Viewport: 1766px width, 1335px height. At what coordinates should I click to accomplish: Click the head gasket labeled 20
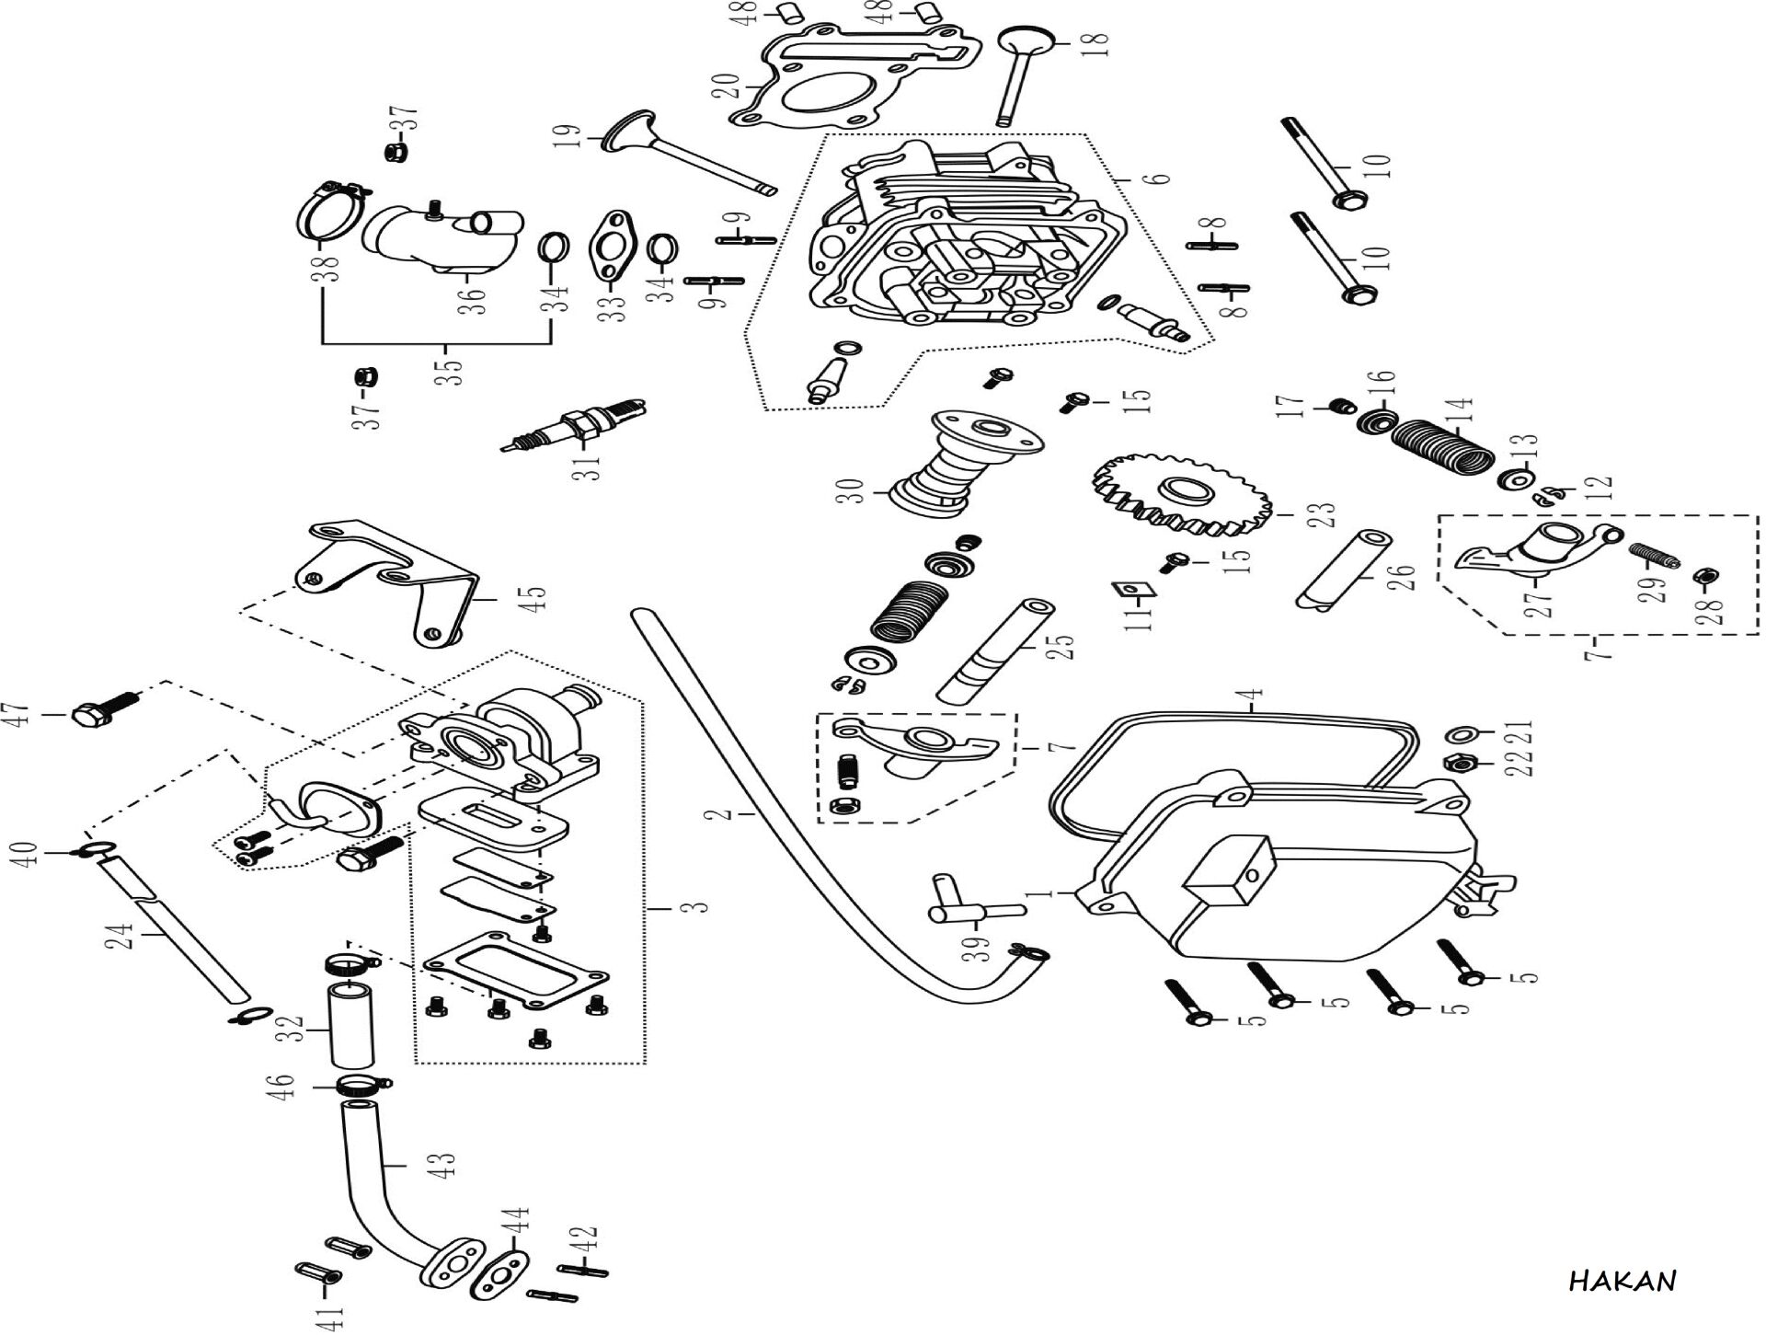click(x=847, y=87)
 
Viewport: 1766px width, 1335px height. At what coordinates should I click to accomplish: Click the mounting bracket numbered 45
click(x=396, y=581)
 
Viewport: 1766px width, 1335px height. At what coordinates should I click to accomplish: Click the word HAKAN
click(x=1623, y=1281)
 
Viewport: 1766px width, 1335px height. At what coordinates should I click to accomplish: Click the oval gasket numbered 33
click(x=609, y=247)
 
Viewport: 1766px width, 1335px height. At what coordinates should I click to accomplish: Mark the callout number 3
click(x=701, y=907)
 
